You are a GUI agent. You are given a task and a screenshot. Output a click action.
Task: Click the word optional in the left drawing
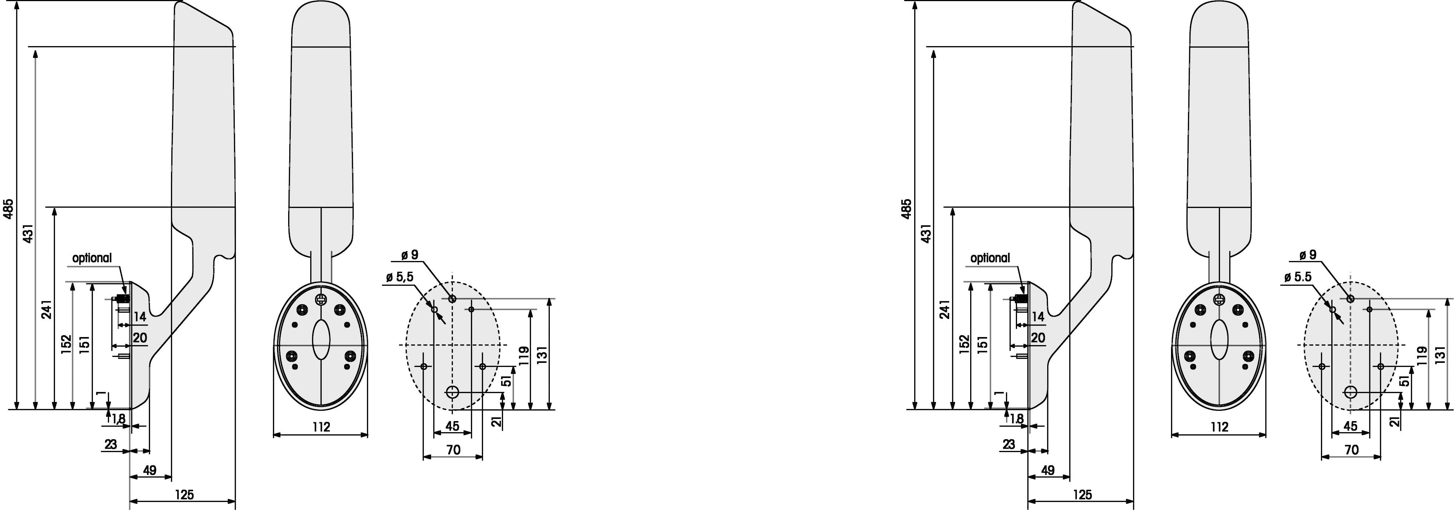pyautogui.click(x=92, y=258)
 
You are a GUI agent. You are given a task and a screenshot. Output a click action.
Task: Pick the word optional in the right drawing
pyautogui.click(x=990, y=258)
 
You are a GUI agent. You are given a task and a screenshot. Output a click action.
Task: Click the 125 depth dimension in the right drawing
pyautogui.click(x=1082, y=495)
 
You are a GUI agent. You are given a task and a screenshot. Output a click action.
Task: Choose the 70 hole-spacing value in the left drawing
pyautogui.click(x=453, y=450)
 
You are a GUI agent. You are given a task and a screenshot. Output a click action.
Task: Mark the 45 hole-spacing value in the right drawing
pyautogui.click(x=1350, y=426)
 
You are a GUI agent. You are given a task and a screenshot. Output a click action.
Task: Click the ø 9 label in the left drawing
pyautogui.click(x=410, y=255)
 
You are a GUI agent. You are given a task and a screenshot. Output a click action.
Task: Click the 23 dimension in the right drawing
pyautogui.click(x=1009, y=444)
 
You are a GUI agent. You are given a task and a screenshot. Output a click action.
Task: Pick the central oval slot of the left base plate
pyautogui.click(x=321, y=339)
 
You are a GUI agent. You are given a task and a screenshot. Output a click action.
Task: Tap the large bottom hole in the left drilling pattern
pyautogui.click(x=453, y=392)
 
